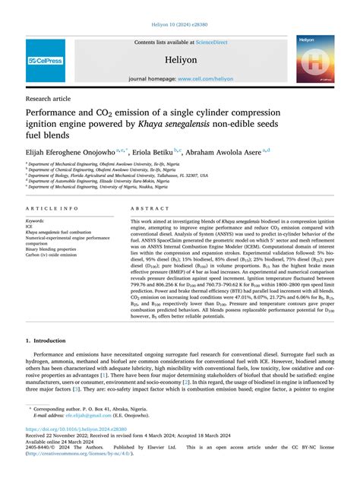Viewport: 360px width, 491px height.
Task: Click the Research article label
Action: [x=49, y=98]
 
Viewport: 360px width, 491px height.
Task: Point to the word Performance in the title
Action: [x=59, y=113]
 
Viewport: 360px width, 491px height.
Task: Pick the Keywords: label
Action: [x=35, y=220]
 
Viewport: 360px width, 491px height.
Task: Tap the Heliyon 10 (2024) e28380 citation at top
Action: [x=180, y=24]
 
